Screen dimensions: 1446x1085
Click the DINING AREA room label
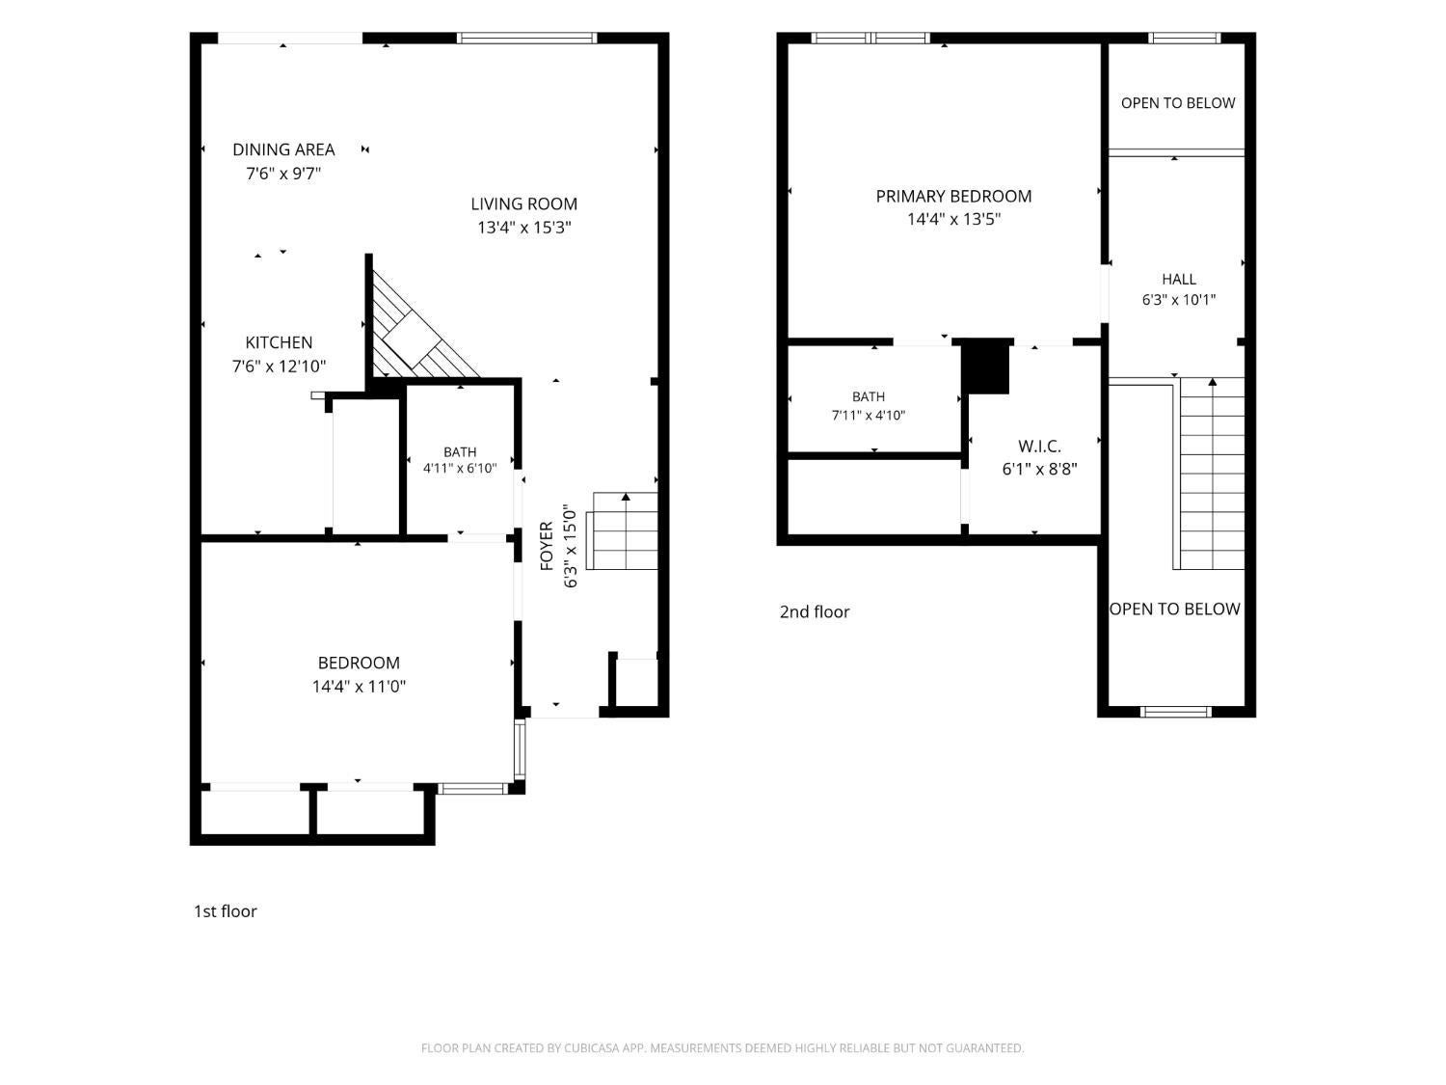[283, 149]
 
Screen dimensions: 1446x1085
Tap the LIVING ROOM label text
[523, 204]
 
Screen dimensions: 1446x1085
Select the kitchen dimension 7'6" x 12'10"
[279, 366]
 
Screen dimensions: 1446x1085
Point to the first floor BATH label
[459, 452]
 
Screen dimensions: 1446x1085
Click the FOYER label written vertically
[547, 546]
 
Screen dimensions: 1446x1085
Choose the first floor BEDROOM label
[359, 663]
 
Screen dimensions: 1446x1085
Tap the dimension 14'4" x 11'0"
[359, 687]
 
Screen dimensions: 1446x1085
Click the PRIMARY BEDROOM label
[953, 197]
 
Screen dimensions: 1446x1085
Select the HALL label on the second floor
[1179, 280]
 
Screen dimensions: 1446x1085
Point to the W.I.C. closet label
[1039, 446]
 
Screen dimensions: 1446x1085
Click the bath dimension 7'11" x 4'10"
[869, 415]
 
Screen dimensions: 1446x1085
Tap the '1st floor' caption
[226, 911]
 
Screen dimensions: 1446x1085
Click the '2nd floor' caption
[815, 612]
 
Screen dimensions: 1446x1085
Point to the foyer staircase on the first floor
[622, 531]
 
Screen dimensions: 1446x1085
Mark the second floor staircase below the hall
[1211, 474]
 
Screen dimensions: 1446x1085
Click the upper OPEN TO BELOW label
[1178, 103]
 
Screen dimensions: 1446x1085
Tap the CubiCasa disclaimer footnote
[723, 1048]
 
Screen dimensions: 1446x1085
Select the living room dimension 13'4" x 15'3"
[523, 228]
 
